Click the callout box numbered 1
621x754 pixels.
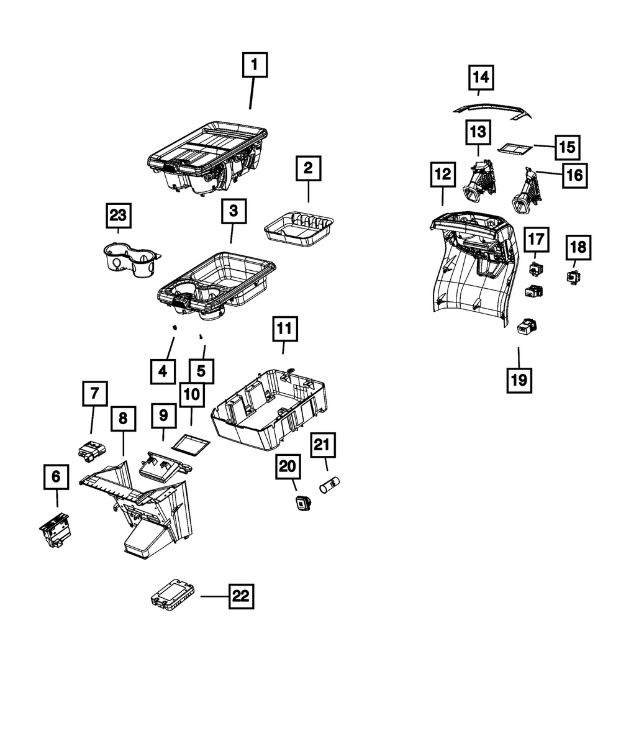(255, 65)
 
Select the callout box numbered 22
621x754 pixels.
(241, 596)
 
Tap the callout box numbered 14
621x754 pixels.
(481, 77)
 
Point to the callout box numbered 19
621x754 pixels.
(519, 380)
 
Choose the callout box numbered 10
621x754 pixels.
(191, 394)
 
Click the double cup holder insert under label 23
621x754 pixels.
(132, 259)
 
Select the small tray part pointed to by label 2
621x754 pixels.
(299, 229)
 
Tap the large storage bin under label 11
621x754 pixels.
(269, 409)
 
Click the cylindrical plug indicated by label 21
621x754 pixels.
(330, 484)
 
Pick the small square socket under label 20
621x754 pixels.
(303, 502)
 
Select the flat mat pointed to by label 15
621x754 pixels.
(515, 148)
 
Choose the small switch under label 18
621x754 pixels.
(573, 277)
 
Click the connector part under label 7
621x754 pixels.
(92, 452)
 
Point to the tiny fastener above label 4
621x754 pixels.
(175, 327)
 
